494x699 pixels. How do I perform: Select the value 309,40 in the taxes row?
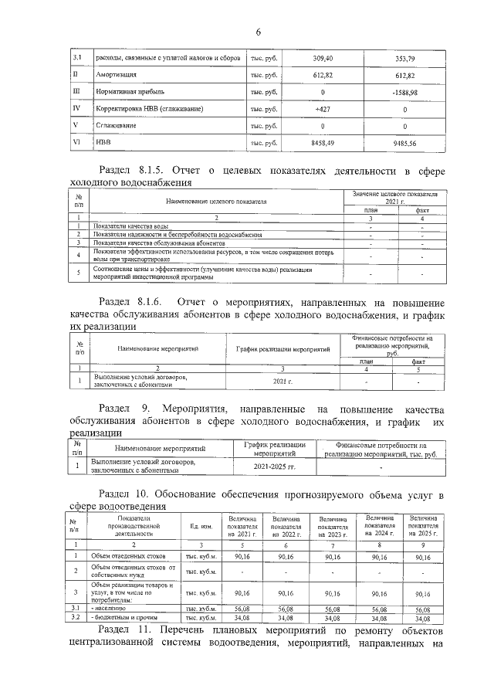[x=323, y=58]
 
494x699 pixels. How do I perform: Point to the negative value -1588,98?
[x=404, y=92]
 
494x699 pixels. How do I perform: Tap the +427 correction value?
[x=323, y=109]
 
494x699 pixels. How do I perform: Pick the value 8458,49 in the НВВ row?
[x=323, y=143]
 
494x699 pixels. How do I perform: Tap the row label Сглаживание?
[x=115, y=126]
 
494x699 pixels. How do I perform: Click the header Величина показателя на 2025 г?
[x=424, y=526]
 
